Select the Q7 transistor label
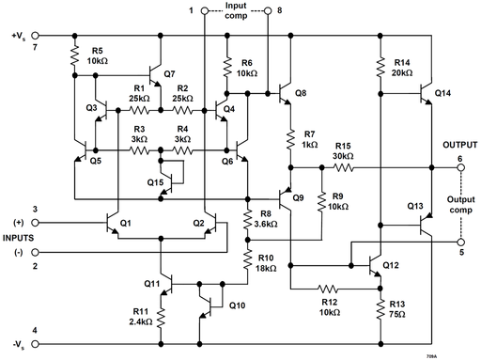tap(169, 73)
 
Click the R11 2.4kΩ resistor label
tap(140, 315)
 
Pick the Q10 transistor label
tap(237, 305)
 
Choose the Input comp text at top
tap(235, 12)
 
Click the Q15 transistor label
tap(155, 180)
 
